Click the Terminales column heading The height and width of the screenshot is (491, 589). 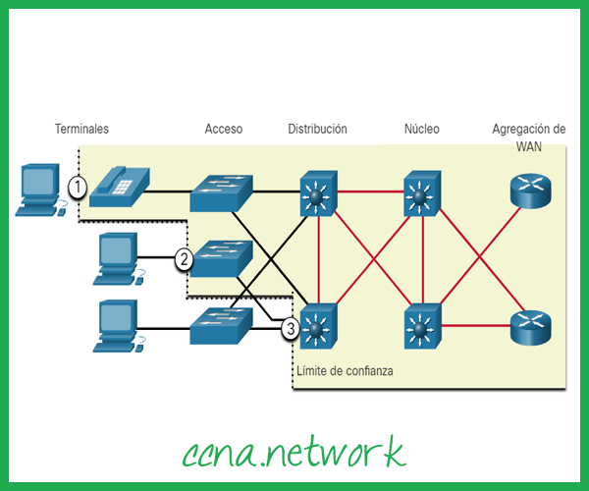click(x=81, y=129)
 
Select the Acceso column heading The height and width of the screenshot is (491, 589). click(x=223, y=129)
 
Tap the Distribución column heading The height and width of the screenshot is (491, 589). click(x=317, y=129)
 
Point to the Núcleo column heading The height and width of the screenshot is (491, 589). click(x=422, y=129)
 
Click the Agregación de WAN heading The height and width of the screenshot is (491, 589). click(x=529, y=137)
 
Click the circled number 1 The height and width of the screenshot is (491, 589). click(x=78, y=185)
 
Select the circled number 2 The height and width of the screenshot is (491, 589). click(x=184, y=259)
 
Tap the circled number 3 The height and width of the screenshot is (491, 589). click(x=289, y=328)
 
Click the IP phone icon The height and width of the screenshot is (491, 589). click(x=119, y=186)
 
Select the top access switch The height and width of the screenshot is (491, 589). click(x=222, y=191)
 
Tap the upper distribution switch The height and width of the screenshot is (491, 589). click(x=316, y=192)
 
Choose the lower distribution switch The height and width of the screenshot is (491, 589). click(x=316, y=326)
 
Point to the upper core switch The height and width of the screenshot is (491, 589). click(x=422, y=192)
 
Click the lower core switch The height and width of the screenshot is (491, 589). click(x=422, y=326)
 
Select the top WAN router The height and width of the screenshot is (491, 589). click(x=531, y=191)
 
